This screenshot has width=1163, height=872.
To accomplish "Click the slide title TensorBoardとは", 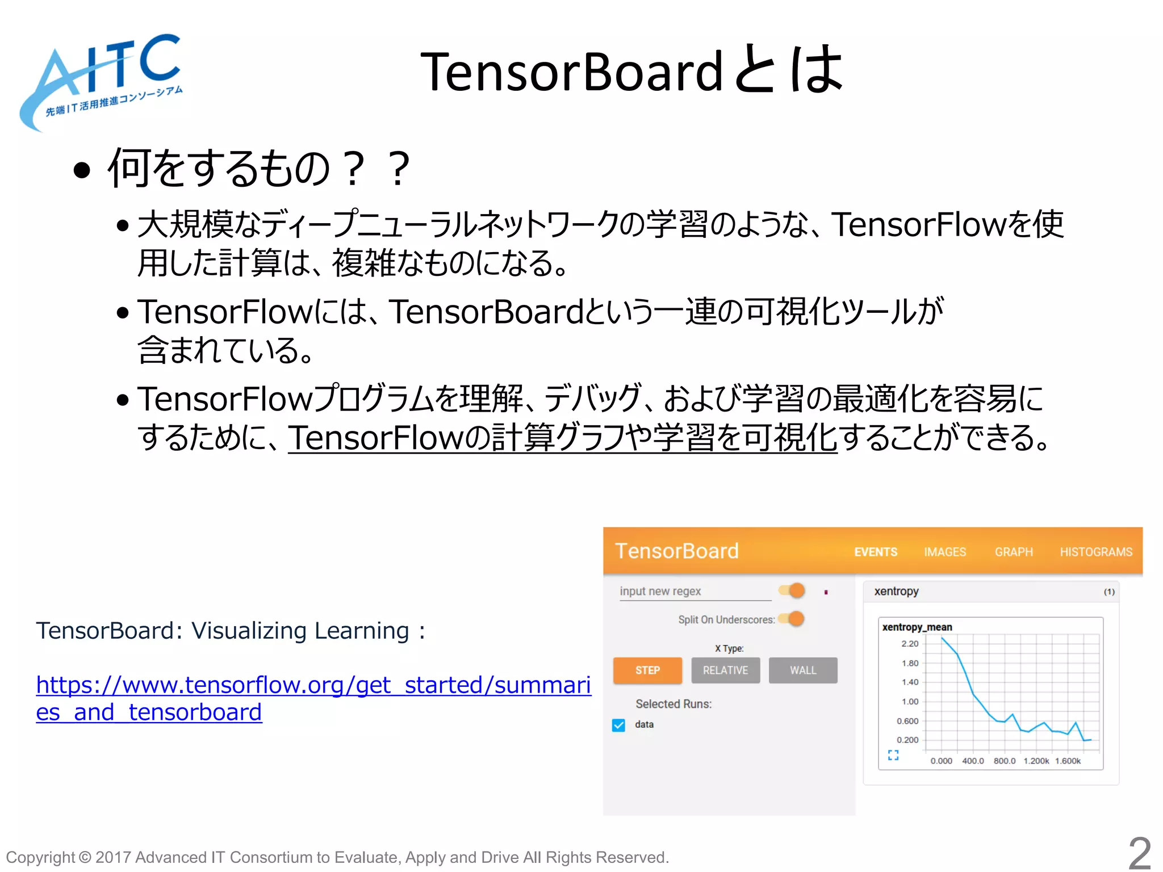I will pyautogui.click(x=630, y=71).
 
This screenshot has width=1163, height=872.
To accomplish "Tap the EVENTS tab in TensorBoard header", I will pyautogui.click(x=876, y=552).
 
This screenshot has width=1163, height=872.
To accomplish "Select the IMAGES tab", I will pyautogui.click(x=945, y=552).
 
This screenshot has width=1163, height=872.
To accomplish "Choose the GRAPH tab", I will pyautogui.click(x=1014, y=552).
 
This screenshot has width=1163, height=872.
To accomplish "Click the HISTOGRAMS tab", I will pyautogui.click(x=1096, y=552).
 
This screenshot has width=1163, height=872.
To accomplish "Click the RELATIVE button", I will pyautogui.click(x=725, y=670).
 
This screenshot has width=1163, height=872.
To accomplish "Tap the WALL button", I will pyautogui.click(x=803, y=670).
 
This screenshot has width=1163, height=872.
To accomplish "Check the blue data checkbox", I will pyautogui.click(x=618, y=725).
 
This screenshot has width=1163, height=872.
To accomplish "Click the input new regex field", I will pyautogui.click(x=694, y=592).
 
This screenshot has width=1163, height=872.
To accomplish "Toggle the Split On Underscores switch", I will pyautogui.click(x=793, y=619).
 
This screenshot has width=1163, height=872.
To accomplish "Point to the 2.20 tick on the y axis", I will pyautogui.click(x=910, y=644).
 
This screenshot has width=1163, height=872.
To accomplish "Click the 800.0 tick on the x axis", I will pyautogui.click(x=1005, y=761).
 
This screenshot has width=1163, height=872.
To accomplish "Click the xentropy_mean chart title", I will pyautogui.click(x=917, y=627).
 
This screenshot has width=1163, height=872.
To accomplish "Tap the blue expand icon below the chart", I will pyautogui.click(x=893, y=755).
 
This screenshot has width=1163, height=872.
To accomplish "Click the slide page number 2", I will pyautogui.click(x=1139, y=853).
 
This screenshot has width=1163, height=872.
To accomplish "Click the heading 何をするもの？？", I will pyautogui.click(x=258, y=169).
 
